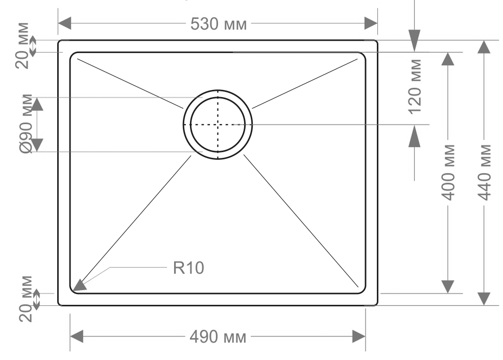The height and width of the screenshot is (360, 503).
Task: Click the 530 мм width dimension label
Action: pos(219,23)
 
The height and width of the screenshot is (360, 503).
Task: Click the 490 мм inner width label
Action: pos(218,337)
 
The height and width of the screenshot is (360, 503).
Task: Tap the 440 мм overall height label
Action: pos(485,172)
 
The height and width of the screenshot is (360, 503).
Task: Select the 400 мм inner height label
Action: pos(448,172)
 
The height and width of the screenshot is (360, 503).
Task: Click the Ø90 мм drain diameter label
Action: pos(27,124)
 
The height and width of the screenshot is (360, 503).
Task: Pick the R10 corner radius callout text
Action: pos(188,268)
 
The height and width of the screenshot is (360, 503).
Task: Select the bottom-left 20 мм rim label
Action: pos(26,299)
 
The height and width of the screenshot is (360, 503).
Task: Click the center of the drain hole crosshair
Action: pos(218,124)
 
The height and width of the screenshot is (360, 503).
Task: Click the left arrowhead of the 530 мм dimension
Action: pos(64,23)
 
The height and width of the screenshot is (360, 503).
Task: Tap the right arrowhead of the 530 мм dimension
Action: pos(371,23)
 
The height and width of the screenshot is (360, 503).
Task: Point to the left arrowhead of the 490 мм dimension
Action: pos(77,337)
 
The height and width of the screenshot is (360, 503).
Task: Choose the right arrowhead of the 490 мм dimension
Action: pos(359,337)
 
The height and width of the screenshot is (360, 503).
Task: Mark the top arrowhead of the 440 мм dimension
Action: pos(484,47)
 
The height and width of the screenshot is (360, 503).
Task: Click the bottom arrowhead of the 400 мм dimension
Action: pos(448,286)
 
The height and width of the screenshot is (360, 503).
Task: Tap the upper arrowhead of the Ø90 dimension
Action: pos(37,104)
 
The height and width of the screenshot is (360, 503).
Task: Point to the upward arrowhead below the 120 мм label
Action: pos(415,136)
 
